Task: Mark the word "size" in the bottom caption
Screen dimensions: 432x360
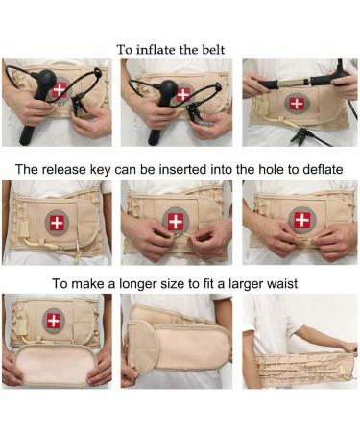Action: pos(180,284)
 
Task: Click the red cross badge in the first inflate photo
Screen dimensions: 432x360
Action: pos(60,89)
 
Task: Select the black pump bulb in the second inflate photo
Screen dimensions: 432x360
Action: pos(166,94)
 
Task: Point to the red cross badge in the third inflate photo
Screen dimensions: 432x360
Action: pos(297,103)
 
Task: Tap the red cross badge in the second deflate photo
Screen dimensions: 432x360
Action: pos(175,221)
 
